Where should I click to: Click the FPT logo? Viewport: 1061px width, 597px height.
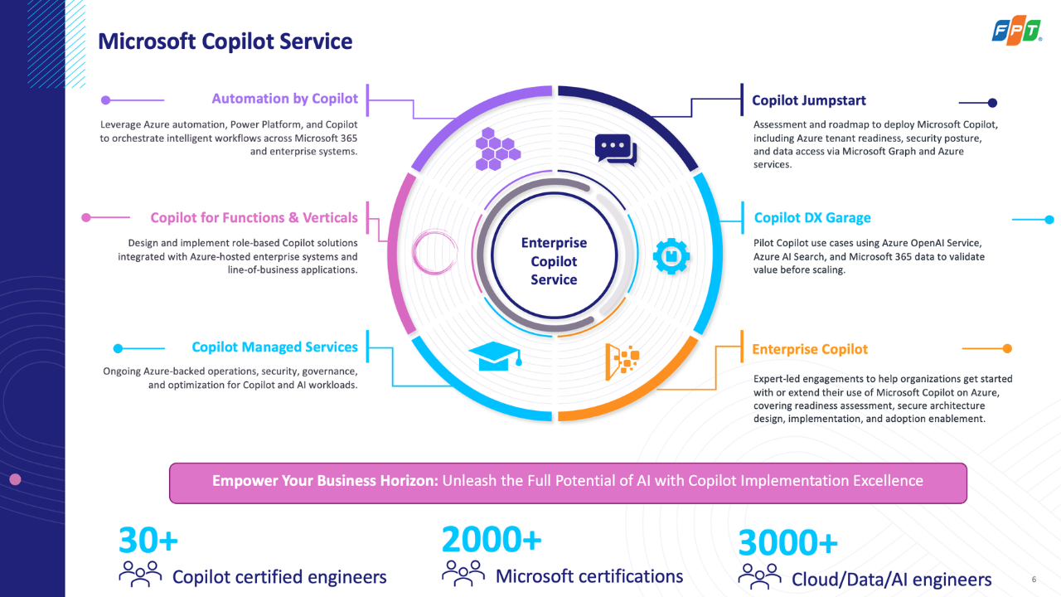[1016, 32]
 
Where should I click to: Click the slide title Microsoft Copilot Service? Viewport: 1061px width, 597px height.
[225, 41]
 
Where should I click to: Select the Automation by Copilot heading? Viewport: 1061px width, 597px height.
[284, 99]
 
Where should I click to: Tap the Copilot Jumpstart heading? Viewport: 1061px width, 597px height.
[808, 100]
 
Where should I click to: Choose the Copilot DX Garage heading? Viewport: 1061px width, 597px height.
[812, 218]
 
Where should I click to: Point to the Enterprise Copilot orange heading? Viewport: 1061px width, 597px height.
[810, 349]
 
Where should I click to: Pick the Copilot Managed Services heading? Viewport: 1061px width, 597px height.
[274, 347]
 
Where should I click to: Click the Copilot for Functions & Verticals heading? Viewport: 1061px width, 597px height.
[254, 218]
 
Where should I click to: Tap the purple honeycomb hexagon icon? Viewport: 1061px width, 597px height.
[497, 148]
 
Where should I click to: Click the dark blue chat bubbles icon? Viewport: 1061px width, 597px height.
[616, 150]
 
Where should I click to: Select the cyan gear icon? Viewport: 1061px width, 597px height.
[671, 256]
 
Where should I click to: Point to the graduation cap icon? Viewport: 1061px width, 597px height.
[496, 356]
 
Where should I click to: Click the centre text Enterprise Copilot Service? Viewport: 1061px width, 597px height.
[554, 261]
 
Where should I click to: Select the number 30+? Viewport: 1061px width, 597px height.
[148, 540]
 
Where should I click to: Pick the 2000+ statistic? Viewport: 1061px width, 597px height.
[492, 539]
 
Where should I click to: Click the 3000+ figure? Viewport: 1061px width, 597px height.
[787, 542]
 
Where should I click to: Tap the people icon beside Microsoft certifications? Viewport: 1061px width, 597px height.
[463, 573]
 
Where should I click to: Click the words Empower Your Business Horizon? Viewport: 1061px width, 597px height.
[325, 481]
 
